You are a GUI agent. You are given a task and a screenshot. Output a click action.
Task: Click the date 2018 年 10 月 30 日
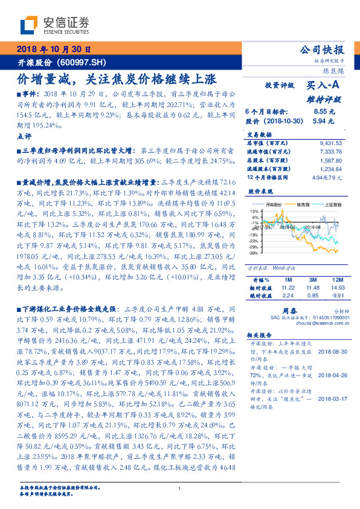[x=53, y=49]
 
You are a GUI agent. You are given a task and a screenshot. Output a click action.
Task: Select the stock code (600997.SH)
[x=82, y=63]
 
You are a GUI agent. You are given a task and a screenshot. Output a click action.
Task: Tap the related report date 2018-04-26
[x=329, y=375]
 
